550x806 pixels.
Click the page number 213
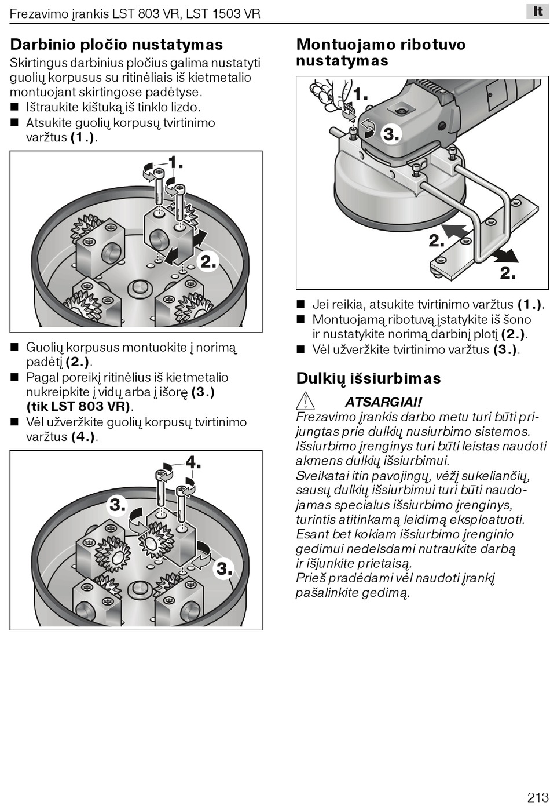[x=537, y=796]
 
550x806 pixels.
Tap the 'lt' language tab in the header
[x=537, y=12]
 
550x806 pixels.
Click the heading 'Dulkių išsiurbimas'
[x=368, y=378]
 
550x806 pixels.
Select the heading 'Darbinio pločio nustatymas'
[x=116, y=45]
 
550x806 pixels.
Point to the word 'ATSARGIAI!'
[x=383, y=402]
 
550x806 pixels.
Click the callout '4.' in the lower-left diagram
[x=193, y=462]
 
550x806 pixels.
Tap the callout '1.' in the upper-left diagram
[x=175, y=162]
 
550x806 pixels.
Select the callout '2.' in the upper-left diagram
[x=208, y=262]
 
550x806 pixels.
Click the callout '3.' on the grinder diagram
[x=391, y=135]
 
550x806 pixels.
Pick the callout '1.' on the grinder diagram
[x=360, y=94]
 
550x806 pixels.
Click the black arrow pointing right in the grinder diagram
[x=502, y=256]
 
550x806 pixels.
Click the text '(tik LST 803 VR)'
[x=79, y=407]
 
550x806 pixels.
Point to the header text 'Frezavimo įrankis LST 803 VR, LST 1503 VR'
[x=135, y=13]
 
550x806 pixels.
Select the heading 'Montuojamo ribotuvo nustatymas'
[x=380, y=52]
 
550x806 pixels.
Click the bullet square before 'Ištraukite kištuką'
[x=14, y=107]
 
